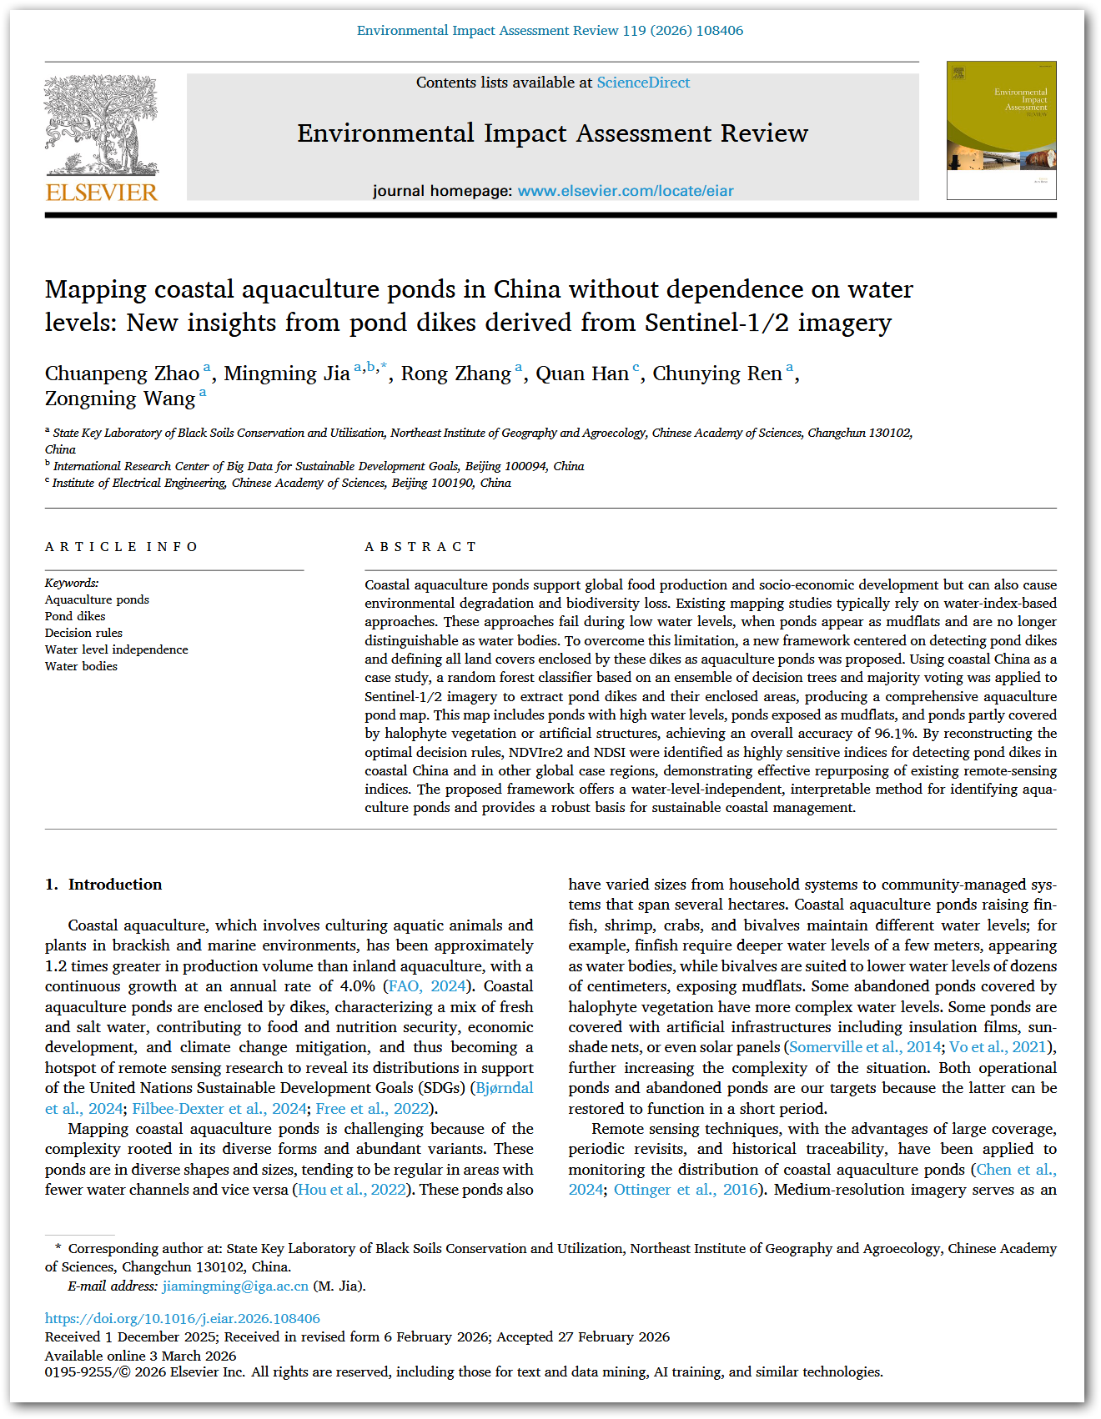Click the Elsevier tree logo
click(101, 125)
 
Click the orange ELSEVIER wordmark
click(102, 193)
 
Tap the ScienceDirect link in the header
click(643, 83)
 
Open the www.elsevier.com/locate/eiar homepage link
click(626, 191)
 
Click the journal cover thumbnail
click(1001, 130)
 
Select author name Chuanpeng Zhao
click(122, 374)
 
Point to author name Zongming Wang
click(120, 399)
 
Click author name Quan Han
click(581, 374)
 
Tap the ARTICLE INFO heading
click(122, 547)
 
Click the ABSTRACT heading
click(420, 547)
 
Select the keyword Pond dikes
click(75, 616)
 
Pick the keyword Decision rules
click(83, 633)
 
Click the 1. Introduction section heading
click(103, 885)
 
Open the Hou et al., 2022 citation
click(351, 1190)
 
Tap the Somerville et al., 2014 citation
click(863, 1047)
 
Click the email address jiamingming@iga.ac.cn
click(235, 1286)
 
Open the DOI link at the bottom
click(182, 1319)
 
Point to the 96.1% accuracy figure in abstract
click(893, 734)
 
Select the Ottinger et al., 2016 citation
click(686, 1190)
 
